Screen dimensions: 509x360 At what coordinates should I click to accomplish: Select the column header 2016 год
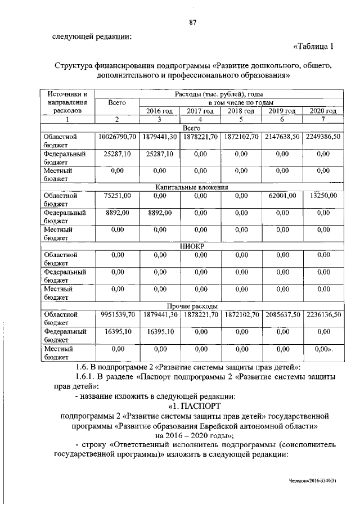159,111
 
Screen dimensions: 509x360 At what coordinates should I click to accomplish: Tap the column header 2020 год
323,111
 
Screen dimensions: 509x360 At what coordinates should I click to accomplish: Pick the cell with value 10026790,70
117,137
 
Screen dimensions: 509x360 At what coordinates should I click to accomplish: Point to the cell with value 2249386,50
323,137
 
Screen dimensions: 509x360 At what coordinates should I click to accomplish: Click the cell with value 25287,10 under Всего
117,153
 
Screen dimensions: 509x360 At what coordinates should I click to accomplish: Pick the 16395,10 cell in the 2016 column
159,332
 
